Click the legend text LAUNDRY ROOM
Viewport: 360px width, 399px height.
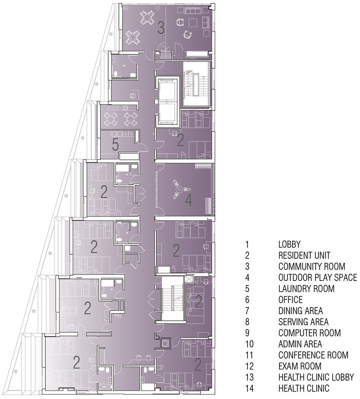coord(306,289)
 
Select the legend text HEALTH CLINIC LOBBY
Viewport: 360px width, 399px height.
coord(316,377)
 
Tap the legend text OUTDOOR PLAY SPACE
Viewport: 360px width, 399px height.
coord(318,277)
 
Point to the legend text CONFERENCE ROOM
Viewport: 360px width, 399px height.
coord(313,355)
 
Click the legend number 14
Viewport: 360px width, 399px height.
coord(250,388)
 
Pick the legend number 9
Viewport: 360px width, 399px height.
coord(247,333)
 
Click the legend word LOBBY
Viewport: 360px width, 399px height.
coord(289,244)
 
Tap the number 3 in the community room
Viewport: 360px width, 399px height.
coord(161,28)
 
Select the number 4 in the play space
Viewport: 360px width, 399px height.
coord(188,200)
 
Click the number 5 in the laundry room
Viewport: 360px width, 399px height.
coord(115,145)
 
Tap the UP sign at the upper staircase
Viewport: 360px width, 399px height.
coord(189,72)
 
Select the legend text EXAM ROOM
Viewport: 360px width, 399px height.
coord(300,366)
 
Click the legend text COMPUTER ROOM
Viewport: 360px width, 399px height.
coord(309,333)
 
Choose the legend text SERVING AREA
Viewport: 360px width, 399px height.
coord(303,322)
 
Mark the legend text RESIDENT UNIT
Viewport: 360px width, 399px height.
coord(304,255)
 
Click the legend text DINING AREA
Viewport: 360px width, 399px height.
coord(300,311)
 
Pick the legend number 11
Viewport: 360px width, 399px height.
coord(250,355)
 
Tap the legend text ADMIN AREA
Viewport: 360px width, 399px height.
coord(300,344)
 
